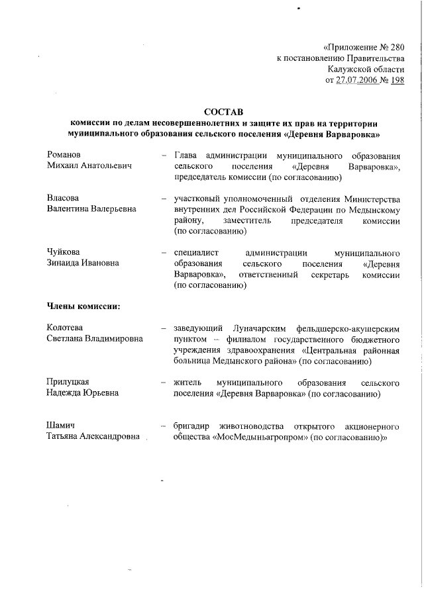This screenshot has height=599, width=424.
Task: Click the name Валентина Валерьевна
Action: [91, 209]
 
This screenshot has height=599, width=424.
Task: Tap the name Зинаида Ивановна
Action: [83, 263]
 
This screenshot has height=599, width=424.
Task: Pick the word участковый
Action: [197, 198]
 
